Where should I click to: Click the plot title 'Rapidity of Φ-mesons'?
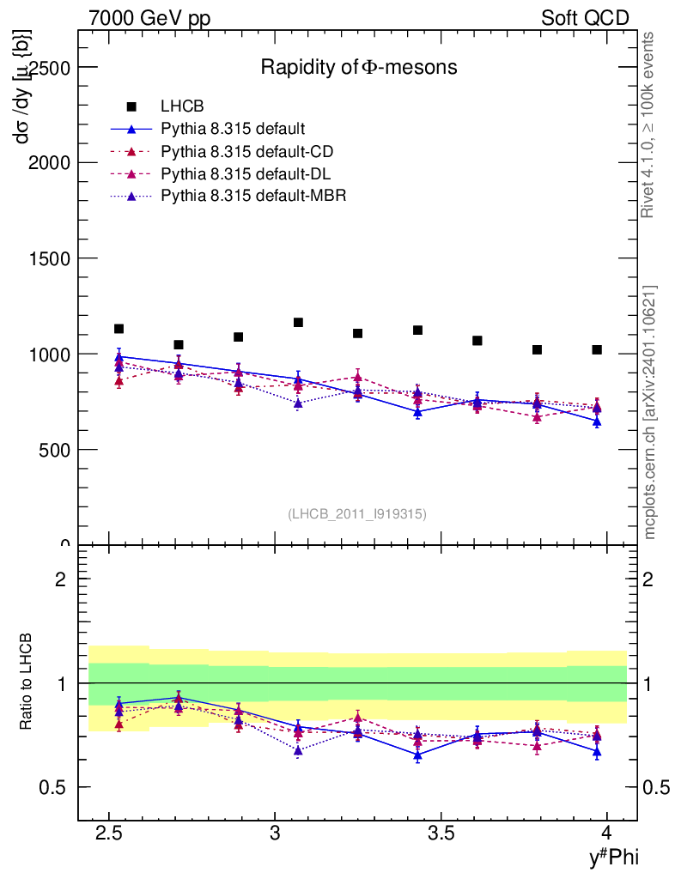[359, 67]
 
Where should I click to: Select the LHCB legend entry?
[182, 107]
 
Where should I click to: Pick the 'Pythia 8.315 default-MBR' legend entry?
[253, 196]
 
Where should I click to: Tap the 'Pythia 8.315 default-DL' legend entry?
[246, 173]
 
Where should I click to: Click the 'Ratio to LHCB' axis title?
[27, 682]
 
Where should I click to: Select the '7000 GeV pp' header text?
[149, 19]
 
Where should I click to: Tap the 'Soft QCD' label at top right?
[585, 19]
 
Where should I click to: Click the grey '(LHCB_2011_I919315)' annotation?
[357, 513]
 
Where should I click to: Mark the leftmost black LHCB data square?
[119, 329]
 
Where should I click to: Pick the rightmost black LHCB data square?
[597, 350]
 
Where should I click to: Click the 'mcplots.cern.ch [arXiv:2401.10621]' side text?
[650, 412]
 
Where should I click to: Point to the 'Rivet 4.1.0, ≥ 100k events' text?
[650, 124]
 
